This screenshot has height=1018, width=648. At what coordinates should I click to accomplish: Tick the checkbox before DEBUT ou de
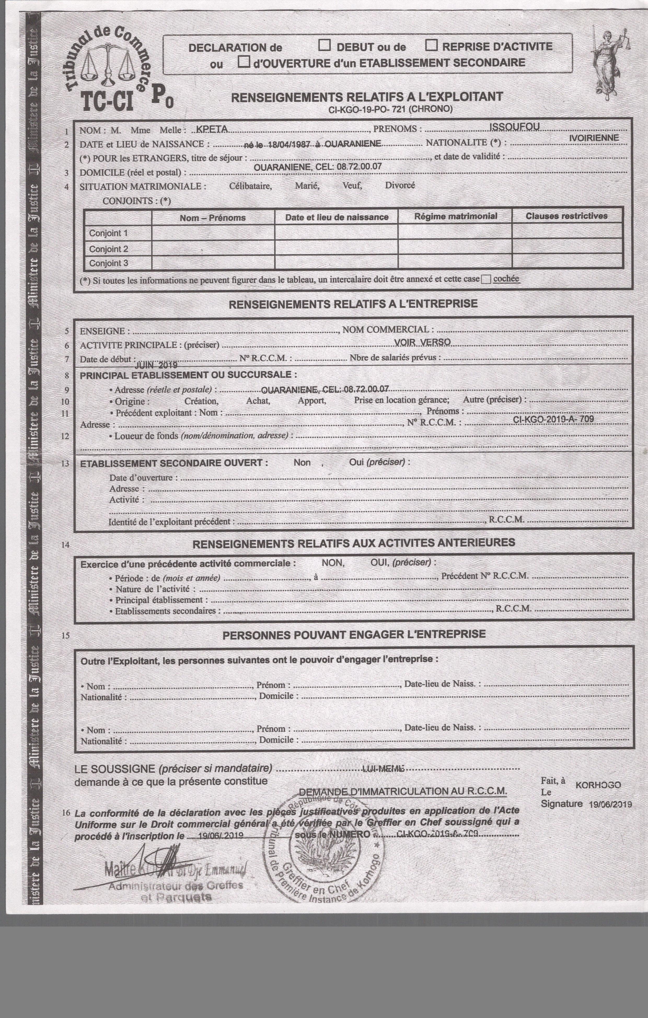325,45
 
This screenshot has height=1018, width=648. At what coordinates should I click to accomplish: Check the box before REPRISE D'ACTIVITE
431,45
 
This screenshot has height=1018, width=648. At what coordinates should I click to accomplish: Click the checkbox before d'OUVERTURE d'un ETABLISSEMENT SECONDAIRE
243,62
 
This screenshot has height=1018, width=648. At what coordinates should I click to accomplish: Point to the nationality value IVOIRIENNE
594,138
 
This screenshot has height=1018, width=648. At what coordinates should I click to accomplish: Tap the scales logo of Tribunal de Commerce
108,63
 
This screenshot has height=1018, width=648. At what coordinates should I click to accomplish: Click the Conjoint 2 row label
108,249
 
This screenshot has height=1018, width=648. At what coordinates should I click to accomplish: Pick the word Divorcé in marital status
400,185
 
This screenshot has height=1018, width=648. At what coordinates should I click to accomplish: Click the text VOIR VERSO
422,342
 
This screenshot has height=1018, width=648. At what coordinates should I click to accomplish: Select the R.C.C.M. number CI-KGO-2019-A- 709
553,419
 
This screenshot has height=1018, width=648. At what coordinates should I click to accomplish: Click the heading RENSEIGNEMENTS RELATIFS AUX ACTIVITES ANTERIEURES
354,543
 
